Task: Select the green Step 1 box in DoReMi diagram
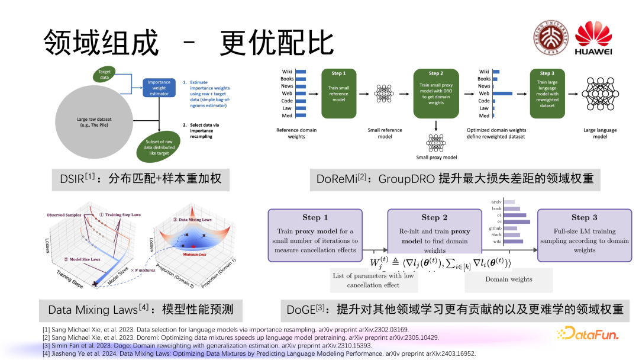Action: point(339,93)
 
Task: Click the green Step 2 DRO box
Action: point(435,93)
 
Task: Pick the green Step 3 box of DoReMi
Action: point(547,93)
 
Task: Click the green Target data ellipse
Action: point(104,74)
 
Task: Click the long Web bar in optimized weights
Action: point(503,93)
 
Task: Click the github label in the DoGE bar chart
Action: point(496,228)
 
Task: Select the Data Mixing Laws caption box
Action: point(141,310)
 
